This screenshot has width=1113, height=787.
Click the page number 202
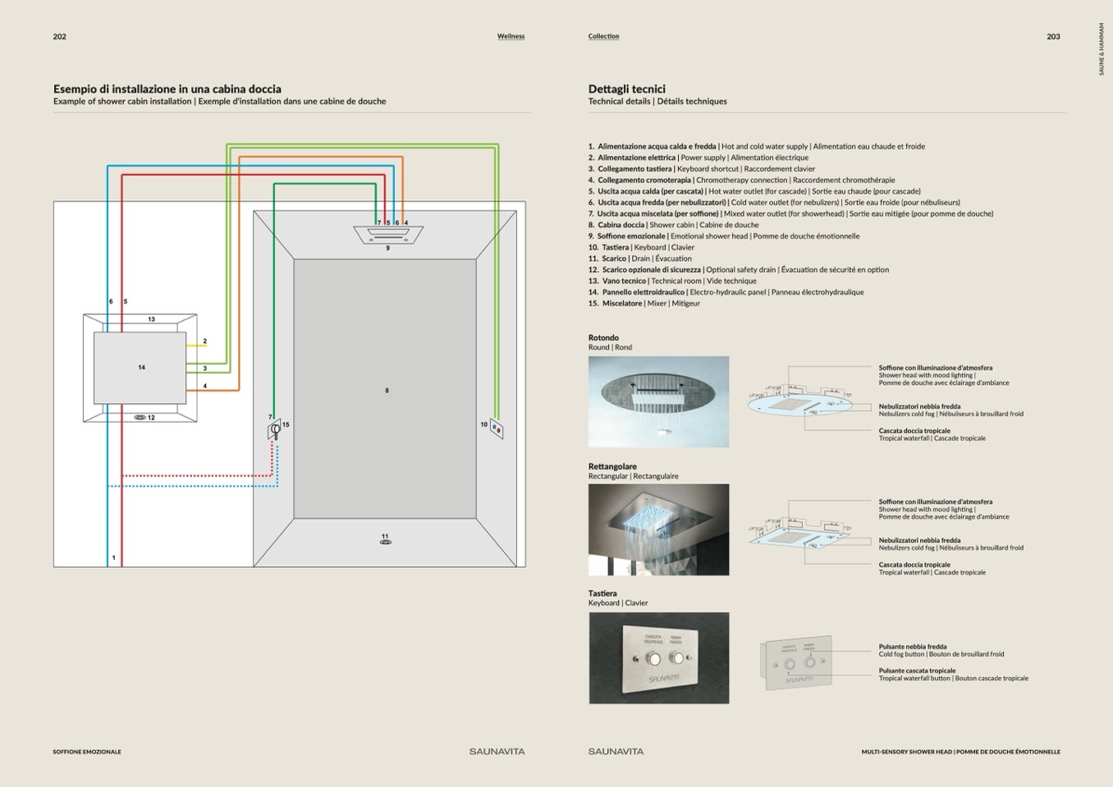pyautogui.click(x=60, y=37)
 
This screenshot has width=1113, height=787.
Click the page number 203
pyautogui.click(x=1053, y=37)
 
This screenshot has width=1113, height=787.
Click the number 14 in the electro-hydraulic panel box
pyautogui.click(x=142, y=368)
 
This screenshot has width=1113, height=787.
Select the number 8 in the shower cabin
pyautogui.click(x=387, y=391)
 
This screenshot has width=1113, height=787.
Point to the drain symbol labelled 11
pyautogui.click(x=386, y=542)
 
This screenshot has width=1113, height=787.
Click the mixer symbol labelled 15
pyautogui.click(x=275, y=429)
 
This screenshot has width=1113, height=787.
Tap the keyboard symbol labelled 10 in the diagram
pyautogui.click(x=496, y=428)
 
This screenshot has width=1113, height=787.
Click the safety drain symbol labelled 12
pyautogui.click(x=140, y=418)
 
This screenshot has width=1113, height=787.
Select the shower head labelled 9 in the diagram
pyautogui.click(x=388, y=235)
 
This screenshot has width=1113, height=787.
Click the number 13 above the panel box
pyautogui.click(x=152, y=319)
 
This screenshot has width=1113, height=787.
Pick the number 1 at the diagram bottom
pyautogui.click(x=113, y=558)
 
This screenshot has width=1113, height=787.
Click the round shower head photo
pyautogui.click(x=658, y=401)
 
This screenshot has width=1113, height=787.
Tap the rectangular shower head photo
pyautogui.click(x=658, y=529)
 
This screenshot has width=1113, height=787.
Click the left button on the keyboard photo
pyautogui.click(x=653, y=659)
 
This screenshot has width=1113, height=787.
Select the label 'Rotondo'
pyautogui.click(x=603, y=337)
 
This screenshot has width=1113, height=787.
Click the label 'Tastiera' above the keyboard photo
pyautogui.click(x=602, y=593)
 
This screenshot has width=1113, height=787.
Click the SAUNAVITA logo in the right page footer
pyautogui.click(x=616, y=752)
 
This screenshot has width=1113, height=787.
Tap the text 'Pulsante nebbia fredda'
pyautogui.click(x=912, y=647)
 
